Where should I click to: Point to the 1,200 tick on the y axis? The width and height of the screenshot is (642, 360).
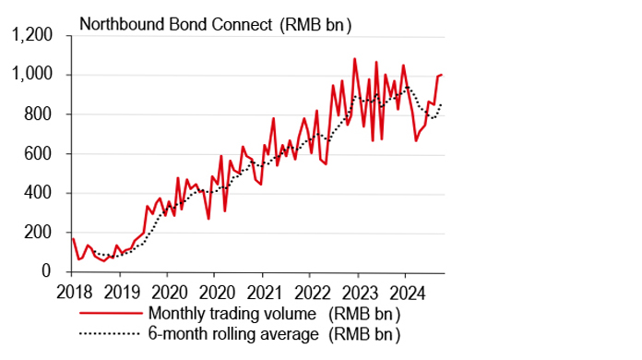click(x=34, y=36)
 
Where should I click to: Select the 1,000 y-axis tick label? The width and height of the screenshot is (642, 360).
click(x=34, y=75)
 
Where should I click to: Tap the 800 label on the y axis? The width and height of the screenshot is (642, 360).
click(x=42, y=114)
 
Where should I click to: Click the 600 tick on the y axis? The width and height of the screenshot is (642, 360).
click(x=42, y=154)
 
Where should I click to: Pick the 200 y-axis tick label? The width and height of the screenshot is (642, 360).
click(x=42, y=233)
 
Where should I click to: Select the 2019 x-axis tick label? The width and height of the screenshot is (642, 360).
click(x=119, y=289)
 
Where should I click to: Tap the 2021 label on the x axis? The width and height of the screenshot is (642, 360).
click(x=262, y=289)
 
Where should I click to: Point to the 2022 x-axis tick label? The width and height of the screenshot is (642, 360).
click(x=310, y=289)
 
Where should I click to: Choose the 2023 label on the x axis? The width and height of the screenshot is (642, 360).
click(x=357, y=289)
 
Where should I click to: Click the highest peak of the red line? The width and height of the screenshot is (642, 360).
click(x=354, y=59)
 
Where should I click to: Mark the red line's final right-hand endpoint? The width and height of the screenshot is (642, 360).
click(x=443, y=74)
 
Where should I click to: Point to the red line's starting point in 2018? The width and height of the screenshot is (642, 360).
click(x=72, y=238)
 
